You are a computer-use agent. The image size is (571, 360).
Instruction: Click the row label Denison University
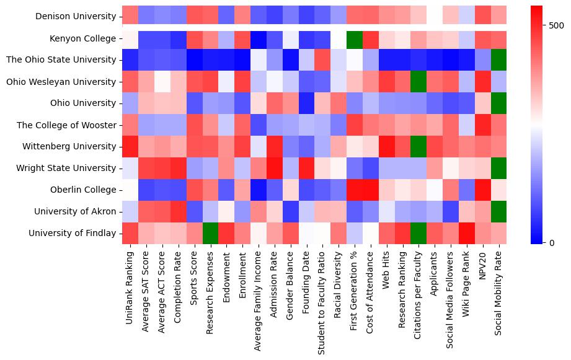pyautogui.click(x=76, y=17)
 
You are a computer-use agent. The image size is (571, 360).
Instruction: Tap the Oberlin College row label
pyautogui.click(x=84, y=190)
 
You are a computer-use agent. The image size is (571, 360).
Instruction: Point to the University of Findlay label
pyautogui.click(x=76, y=233)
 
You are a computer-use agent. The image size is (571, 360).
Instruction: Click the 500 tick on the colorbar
pyautogui.click(x=556, y=25)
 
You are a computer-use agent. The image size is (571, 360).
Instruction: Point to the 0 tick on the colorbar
pyautogui.click(x=551, y=242)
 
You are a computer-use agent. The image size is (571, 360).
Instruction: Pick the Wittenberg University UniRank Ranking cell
pyautogui.click(x=130, y=146)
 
